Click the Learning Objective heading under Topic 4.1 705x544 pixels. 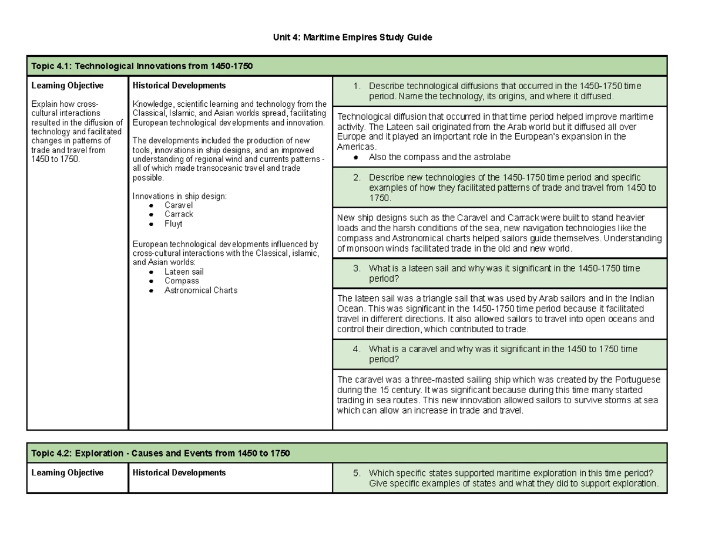(67, 86)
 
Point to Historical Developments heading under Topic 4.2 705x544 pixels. (179, 472)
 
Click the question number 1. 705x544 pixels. (356, 86)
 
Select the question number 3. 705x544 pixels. (356, 268)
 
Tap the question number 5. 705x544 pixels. (356, 474)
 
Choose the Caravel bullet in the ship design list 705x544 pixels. (178, 205)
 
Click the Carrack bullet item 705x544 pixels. (179, 214)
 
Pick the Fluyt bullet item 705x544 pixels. (173, 224)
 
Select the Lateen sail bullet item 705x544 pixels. (184, 272)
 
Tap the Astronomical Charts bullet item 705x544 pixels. (201, 290)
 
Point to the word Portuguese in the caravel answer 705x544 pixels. (638, 380)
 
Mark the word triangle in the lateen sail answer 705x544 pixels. (431, 298)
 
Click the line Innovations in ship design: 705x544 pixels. (180, 196)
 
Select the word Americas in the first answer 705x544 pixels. (355, 147)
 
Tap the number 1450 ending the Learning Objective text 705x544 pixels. (41, 159)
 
